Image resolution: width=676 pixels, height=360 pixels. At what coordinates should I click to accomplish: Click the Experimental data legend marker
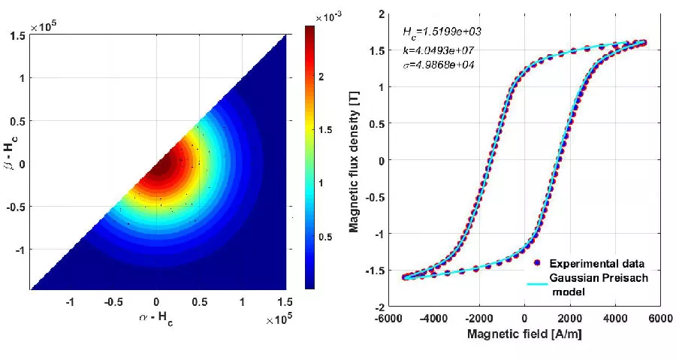click(x=536, y=263)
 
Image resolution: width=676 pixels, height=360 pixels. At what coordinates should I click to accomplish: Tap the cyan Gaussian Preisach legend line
click(x=536, y=277)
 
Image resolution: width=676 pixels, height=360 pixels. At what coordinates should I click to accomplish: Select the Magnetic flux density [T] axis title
click(x=355, y=160)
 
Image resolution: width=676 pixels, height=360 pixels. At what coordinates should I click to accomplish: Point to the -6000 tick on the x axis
click(x=389, y=319)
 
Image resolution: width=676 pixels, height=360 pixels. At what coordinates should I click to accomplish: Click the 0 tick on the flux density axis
click(x=382, y=161)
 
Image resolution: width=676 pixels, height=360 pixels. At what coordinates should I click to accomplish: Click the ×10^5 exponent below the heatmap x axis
click(x=279, y=321)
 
